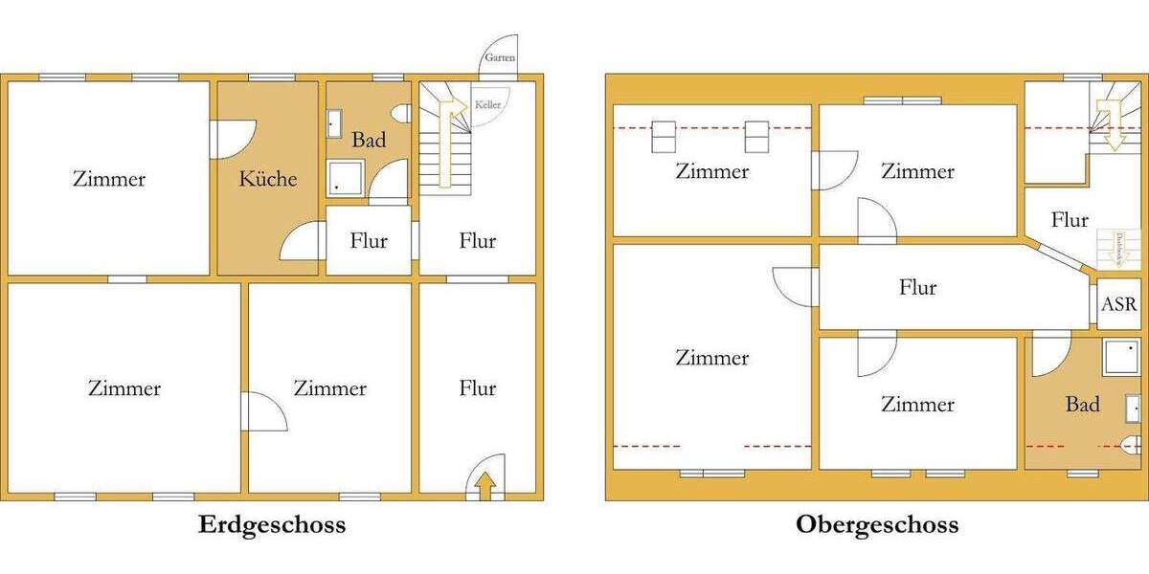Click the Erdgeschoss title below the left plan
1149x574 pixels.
pos(272,525)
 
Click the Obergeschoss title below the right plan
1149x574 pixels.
pos(876,525)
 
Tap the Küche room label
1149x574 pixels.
pos(268,179)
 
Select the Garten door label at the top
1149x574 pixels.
pos(499,58)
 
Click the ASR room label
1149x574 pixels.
pos(1119,304)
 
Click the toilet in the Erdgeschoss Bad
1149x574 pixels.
pos(400,114)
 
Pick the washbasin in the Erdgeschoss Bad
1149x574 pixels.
pos(334,123)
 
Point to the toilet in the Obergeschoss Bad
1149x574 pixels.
pos(1131,445)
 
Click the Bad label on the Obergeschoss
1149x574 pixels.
pos(1082,405)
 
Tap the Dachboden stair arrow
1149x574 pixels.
pos(1116,249)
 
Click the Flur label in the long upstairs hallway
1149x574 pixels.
pos(917,287)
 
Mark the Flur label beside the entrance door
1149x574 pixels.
pos(477,388)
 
